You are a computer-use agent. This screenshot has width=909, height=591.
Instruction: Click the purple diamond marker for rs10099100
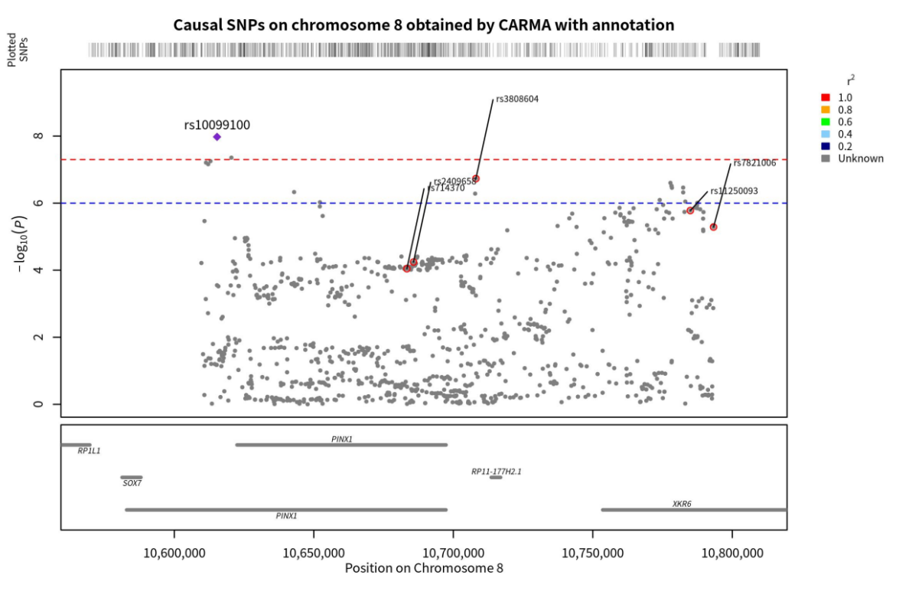click(x=217, y=137)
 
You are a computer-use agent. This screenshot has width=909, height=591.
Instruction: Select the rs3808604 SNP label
click(x=517, y=99)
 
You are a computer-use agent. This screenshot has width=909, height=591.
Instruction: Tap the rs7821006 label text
click(x=754, y=163)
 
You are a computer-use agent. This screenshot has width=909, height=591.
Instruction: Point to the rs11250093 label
click(x=734, y=191)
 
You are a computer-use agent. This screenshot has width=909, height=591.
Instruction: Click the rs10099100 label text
click(x=217, y=125)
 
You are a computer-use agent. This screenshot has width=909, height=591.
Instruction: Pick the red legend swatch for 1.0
click(x=826, y=97)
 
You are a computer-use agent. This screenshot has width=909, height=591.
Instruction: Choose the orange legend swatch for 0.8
click(x=826, y=109)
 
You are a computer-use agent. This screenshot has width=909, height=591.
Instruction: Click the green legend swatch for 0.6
click(x=826, y=122)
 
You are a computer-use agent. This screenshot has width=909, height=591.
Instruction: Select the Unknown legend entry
click(x=860, y=158)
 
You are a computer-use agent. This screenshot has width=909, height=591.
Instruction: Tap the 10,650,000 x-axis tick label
click(x=314, y=553)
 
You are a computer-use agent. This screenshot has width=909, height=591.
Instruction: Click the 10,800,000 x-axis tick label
click(x=732, y=553)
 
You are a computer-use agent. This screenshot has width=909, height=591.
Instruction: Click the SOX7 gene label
click(x=132, y=484)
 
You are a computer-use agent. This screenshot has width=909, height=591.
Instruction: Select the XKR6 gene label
click(x=682, y=504)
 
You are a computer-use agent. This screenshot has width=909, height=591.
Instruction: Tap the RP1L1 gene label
click(x=89, y=451)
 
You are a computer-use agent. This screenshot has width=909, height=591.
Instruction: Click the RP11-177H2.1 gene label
click(x=496, y=472)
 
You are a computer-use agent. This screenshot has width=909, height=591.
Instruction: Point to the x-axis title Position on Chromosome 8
click(x=424, y=568)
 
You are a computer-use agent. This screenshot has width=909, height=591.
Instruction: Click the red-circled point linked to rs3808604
click(x=476, y=178)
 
